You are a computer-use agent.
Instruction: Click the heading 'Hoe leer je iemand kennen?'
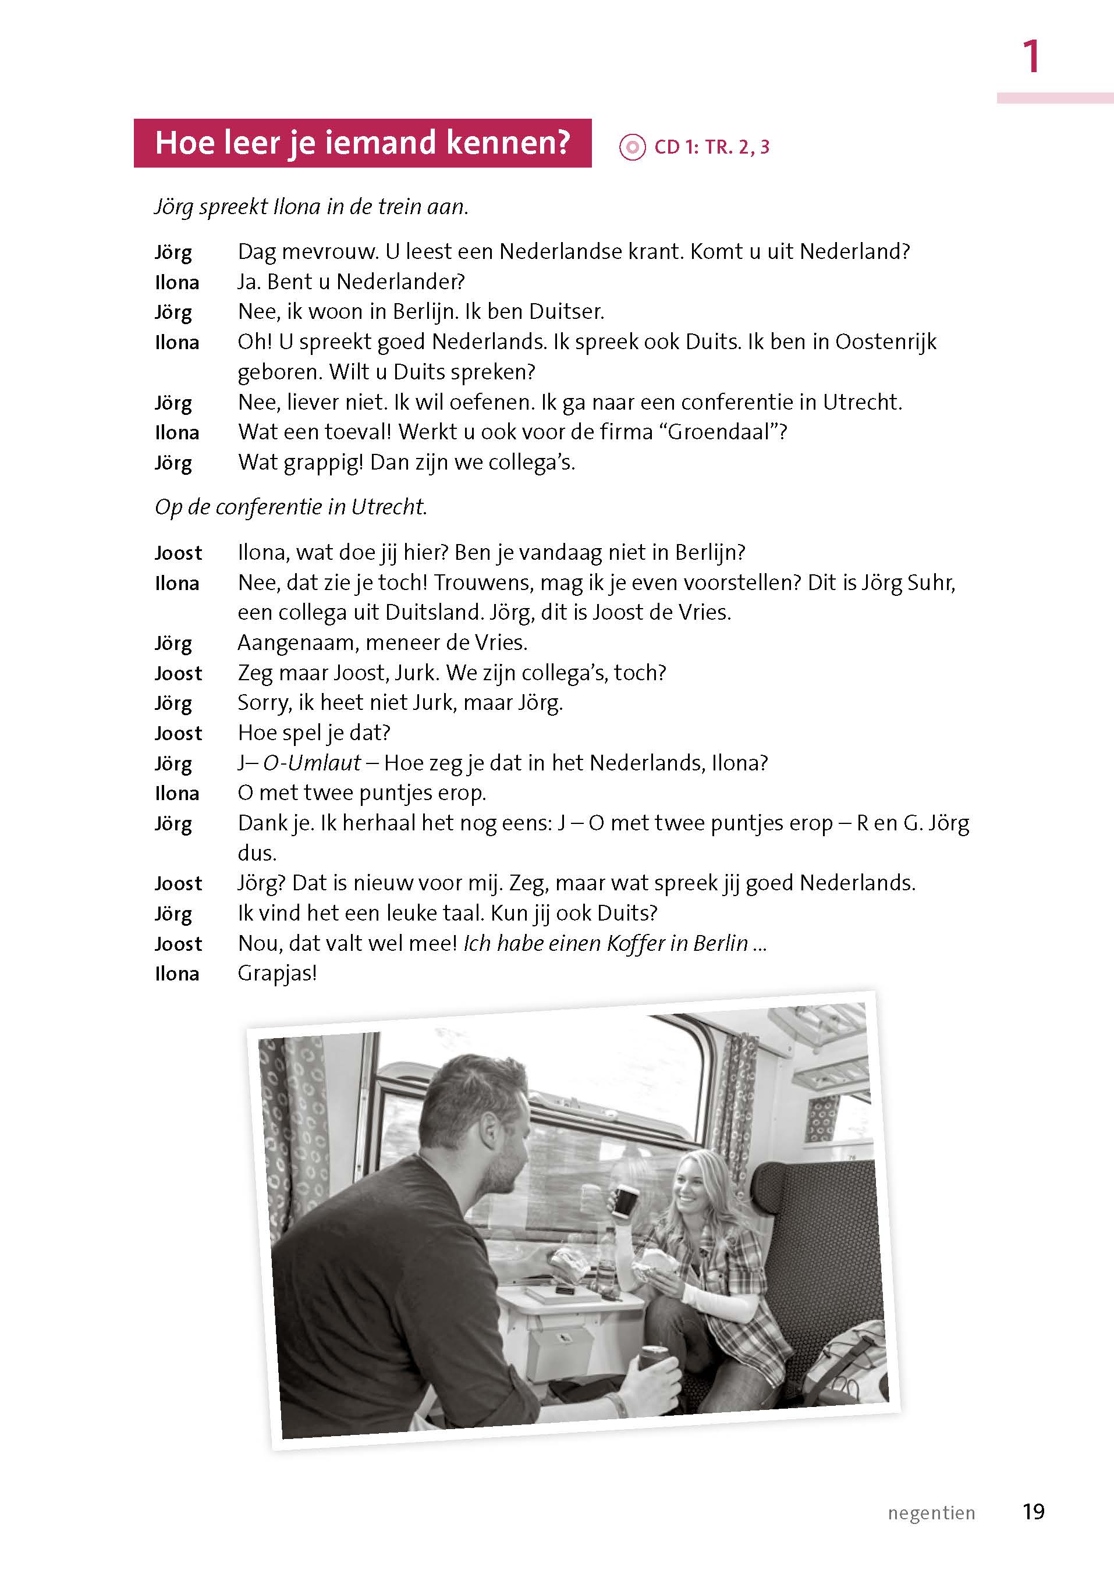point(362,143)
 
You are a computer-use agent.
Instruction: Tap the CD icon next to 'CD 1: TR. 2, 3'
point(631,147)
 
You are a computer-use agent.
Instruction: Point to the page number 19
point(1033,1512)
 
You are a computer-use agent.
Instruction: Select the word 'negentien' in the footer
point(931,1513)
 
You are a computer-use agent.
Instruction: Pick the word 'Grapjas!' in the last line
point(277,973)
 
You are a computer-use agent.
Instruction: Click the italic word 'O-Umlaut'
point(312,763)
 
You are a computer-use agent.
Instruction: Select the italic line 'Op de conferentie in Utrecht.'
point(291,507)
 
